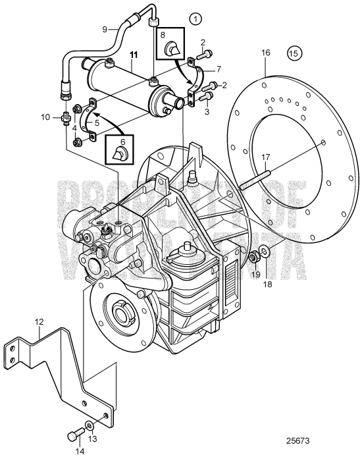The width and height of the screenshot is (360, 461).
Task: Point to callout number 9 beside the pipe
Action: (x=105, y=29)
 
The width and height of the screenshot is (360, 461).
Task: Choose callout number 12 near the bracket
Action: (x=39, y=322)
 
